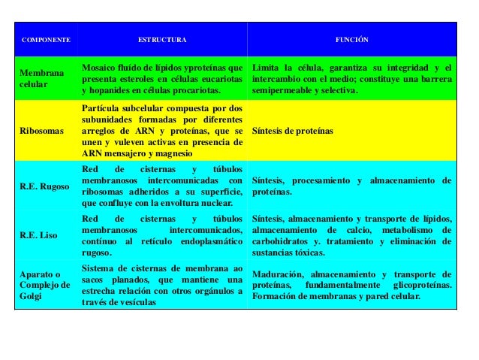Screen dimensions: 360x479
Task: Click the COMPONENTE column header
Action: point(46,38)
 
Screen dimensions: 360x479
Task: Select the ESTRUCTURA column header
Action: point(163,38)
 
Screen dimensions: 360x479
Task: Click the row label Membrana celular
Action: point(42,79)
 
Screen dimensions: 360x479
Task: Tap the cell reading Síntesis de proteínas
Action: point(293,131)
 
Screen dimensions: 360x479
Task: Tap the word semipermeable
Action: point(285,91)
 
